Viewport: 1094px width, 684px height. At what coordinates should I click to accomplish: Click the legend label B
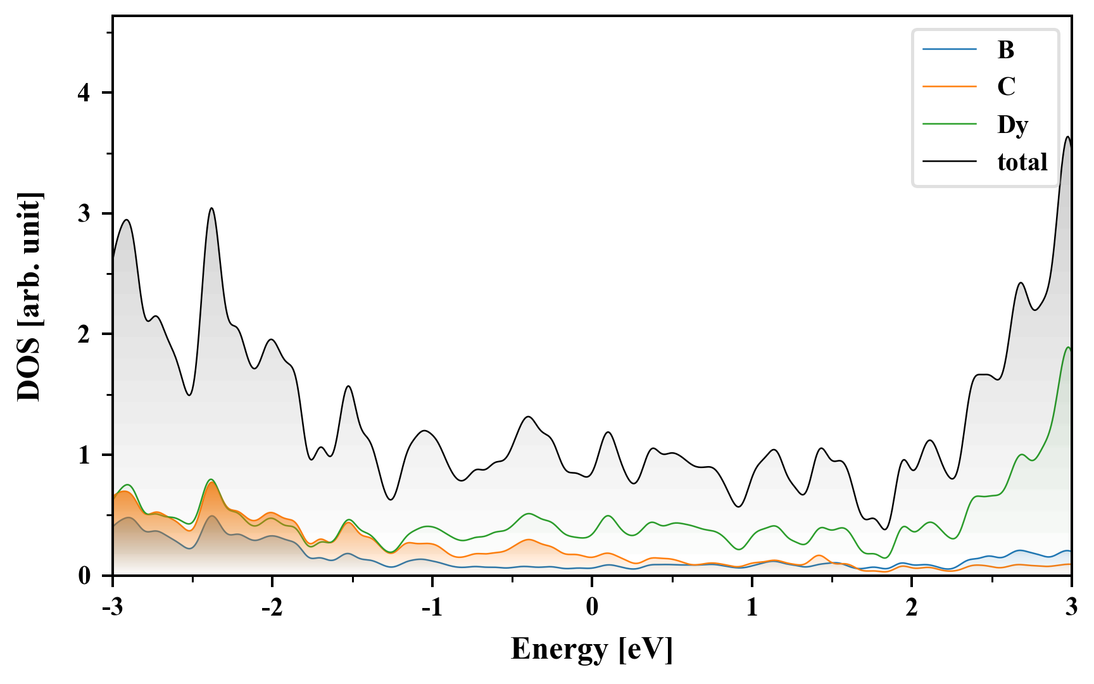1005,49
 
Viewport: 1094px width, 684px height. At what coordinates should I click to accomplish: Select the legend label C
1006,87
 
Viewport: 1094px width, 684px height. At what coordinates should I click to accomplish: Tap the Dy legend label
1012,125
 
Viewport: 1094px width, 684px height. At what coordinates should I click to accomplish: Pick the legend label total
1022,162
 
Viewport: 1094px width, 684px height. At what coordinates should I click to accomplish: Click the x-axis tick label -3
112,607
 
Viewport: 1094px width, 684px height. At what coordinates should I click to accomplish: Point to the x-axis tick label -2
272,607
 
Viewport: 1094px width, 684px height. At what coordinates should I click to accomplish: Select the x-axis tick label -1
431,607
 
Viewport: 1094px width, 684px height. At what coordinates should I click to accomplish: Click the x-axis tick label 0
592,607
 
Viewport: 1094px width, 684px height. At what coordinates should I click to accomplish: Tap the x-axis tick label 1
751,607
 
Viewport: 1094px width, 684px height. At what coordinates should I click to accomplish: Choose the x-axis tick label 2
911,607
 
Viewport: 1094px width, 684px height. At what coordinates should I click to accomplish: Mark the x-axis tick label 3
1071,607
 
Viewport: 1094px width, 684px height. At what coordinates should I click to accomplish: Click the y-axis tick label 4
85,93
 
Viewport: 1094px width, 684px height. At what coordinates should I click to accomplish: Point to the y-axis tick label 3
85,213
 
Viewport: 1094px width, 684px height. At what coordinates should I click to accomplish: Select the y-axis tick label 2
85,334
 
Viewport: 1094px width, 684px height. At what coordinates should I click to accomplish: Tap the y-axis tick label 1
85,455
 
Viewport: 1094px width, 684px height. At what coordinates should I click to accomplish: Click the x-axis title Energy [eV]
592,649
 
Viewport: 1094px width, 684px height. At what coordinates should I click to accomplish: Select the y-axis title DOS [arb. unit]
29,296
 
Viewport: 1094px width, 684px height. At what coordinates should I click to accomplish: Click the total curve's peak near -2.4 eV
211,208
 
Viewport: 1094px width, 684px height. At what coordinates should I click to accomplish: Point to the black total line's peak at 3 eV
1068,137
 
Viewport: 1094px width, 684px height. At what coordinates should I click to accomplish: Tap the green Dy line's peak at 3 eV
1069,347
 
